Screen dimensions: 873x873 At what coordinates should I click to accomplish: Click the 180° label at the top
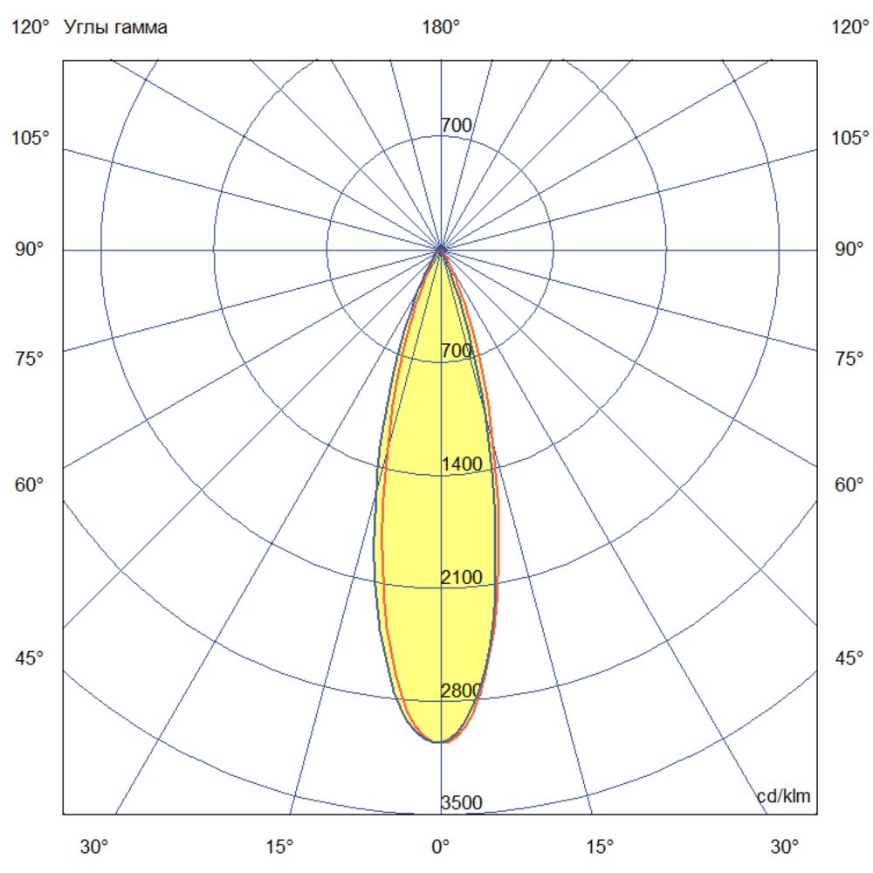[x=441, y=28]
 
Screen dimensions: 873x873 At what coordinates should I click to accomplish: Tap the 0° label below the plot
[x=441, y=846]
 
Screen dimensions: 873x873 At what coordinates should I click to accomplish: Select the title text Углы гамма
[x=116, y=28]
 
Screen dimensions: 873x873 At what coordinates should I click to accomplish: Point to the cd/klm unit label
[x=783, y=796]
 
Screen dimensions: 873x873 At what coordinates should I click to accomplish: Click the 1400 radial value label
[x=462, y=464]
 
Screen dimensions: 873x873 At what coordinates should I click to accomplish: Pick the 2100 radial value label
[x=462, y=577]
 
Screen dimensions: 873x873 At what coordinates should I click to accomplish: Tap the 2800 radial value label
[x=461, y=691]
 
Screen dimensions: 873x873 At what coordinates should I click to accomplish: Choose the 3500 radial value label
[x=461, y=803]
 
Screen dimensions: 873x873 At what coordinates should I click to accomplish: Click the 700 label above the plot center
[x=457, y=125]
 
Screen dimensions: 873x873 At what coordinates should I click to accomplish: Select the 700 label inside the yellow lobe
[x=457, y=351]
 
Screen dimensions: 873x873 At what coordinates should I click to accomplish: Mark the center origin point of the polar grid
[x=441, y=250]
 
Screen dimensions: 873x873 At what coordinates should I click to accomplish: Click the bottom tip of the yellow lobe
[x=439, y=742]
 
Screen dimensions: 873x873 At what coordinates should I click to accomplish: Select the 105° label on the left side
[x=31, y=138]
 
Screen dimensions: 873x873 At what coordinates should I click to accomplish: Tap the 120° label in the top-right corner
[x=850, y=28]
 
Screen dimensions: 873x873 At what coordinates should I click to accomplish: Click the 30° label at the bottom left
[x=94, y=846]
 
